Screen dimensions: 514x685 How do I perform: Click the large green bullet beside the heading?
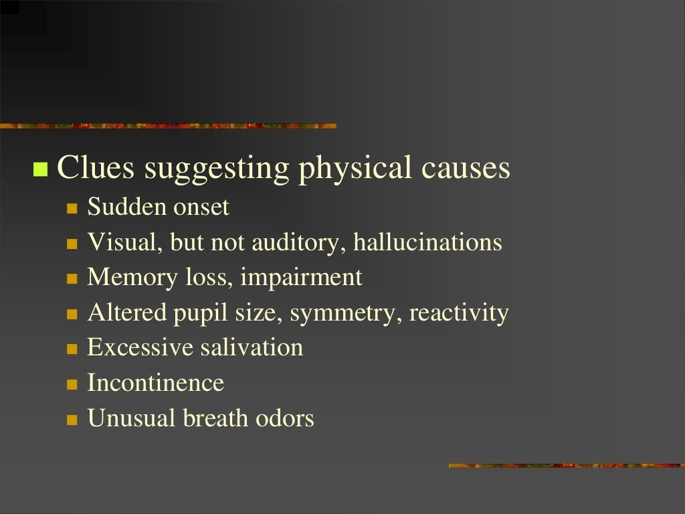pos(41,169)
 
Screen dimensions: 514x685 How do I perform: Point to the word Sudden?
pos(126,207)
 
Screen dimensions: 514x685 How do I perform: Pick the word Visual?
pos(122,242)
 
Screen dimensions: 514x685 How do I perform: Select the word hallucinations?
pos(427,242)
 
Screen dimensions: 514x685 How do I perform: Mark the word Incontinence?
pos(155,383)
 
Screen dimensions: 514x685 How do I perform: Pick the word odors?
pos(285,419)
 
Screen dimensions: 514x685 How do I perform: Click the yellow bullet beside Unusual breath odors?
pos(72,420)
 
